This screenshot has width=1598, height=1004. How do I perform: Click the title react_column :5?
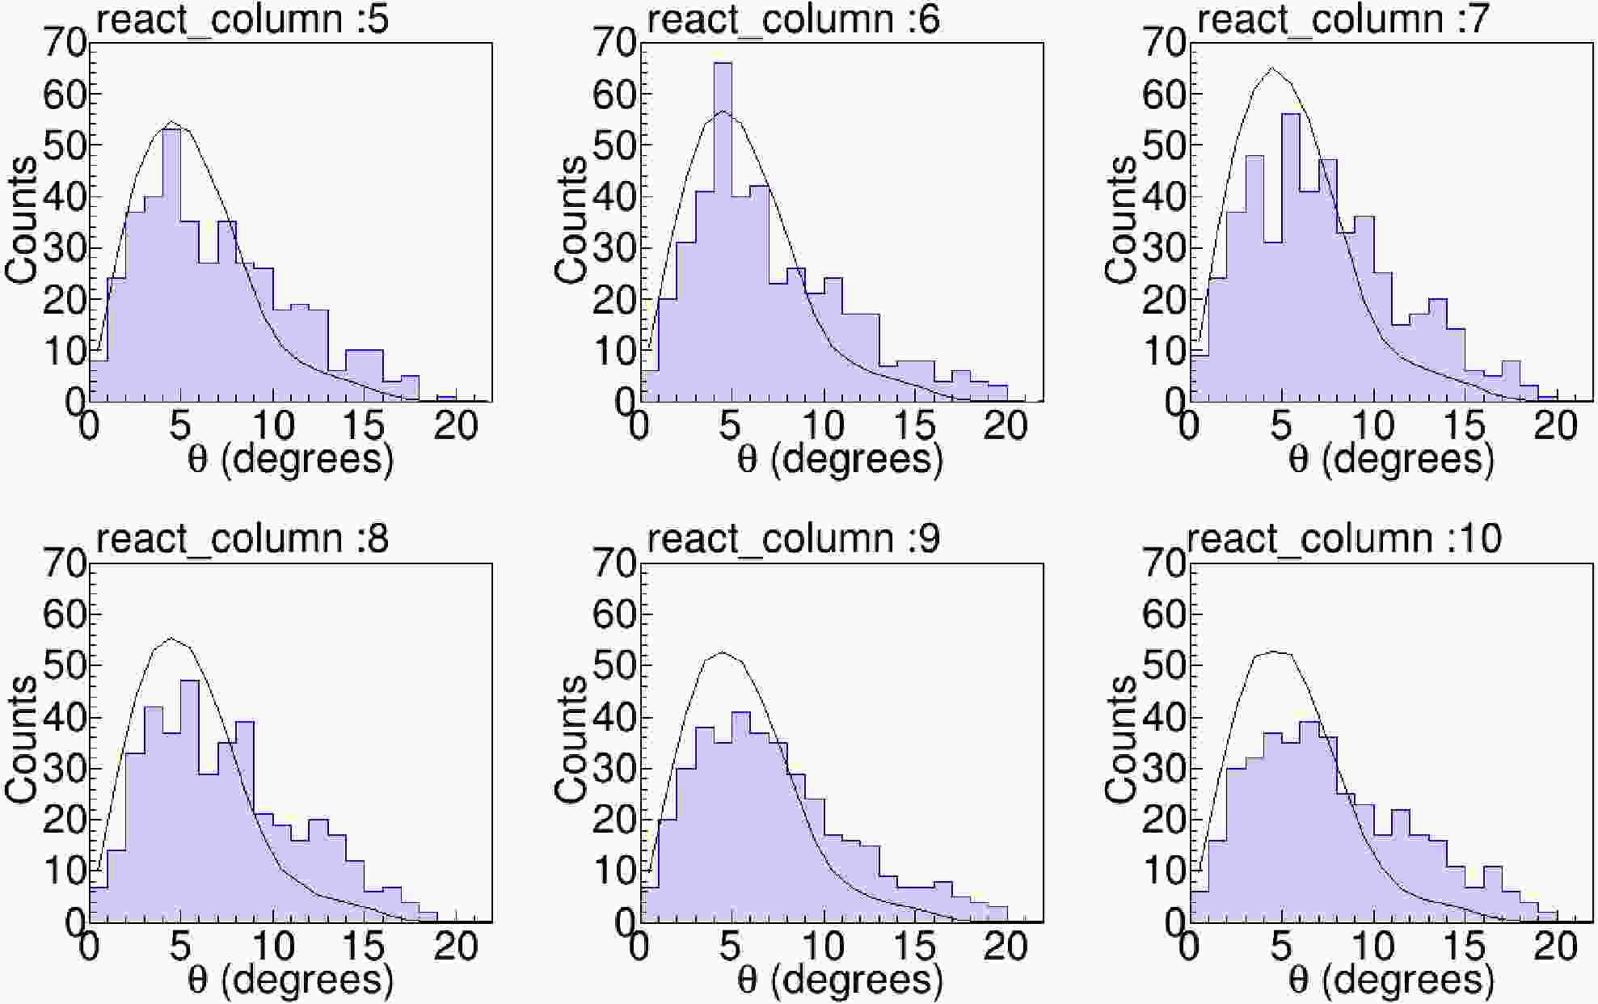[242, 20]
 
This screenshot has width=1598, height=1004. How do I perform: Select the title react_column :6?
[794, 20]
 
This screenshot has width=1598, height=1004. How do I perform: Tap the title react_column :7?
[1343, 20]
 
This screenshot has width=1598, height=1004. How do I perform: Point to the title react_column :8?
[242, 539]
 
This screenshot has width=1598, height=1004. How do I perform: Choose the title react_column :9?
[794, 539]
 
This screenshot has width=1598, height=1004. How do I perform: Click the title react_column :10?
[1344, 539]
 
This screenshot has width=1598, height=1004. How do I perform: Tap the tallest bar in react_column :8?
[190, 800]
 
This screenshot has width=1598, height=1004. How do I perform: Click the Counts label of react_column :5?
[23, 220]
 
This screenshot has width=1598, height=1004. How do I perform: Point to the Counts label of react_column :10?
[1123, 740]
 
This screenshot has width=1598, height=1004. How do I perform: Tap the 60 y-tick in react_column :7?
[1166, 95]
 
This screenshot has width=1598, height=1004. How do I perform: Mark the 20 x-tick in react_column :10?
[1556, 947]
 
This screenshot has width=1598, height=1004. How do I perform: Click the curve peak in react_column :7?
[1273, 68]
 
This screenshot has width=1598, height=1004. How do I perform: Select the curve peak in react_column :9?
[722, 652]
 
